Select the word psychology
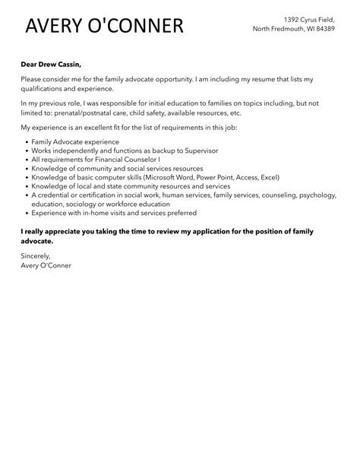[x=318, y=195]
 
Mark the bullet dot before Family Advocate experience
[x=26, y=142]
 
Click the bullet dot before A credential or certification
[x=26, y=195]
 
